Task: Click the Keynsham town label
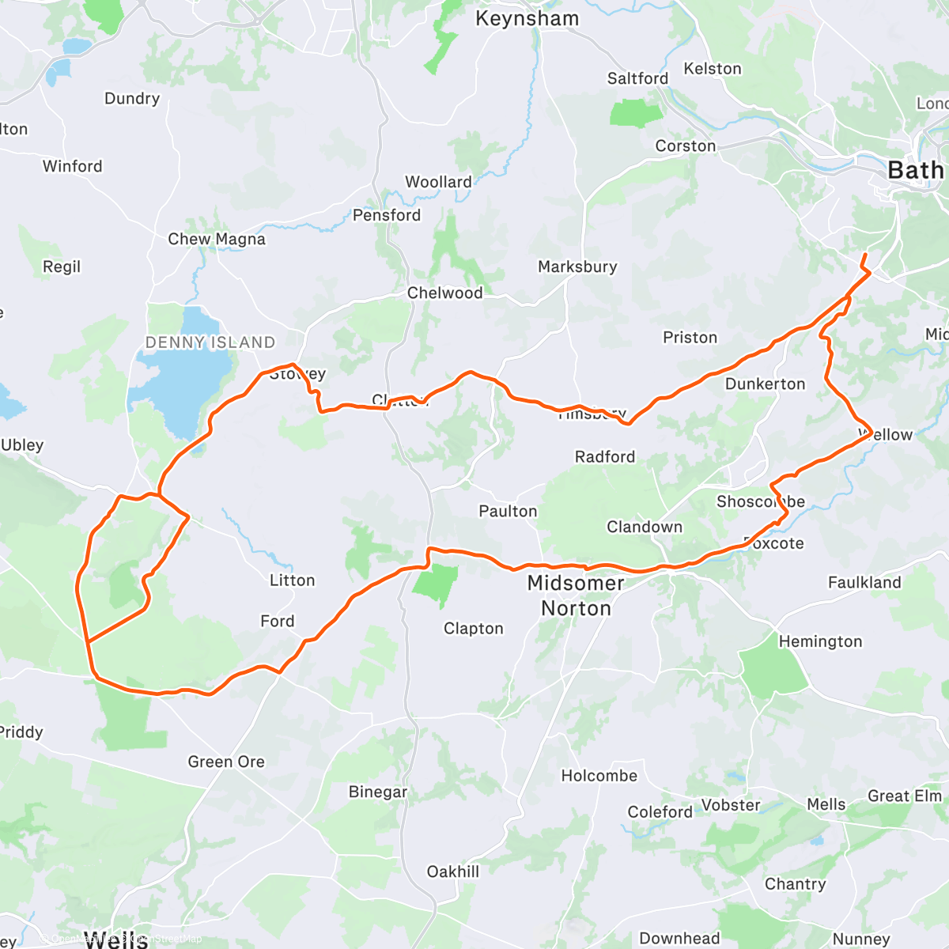[527, 19]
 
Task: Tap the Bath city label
[915, 170]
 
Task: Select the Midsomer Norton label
[576, 595]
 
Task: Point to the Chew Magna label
[217, 239]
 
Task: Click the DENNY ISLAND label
[210, 342]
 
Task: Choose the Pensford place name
[387, 215]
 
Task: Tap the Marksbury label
[577, 267]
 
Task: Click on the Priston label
[690, 338]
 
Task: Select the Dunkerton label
[765, 384]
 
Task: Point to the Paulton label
[508, 512]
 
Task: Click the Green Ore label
[226, 762]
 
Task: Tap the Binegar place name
[378, 792]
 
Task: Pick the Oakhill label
[453, 871]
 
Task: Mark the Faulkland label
[864, 583]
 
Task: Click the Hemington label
[820, 641]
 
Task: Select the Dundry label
[132, 99]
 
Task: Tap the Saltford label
[637, 78]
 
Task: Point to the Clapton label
[473, 629]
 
